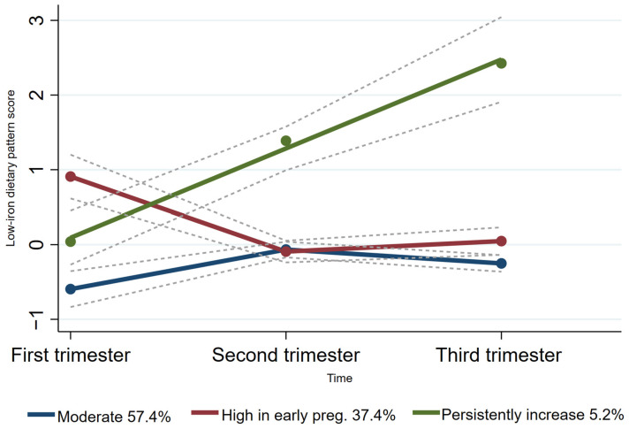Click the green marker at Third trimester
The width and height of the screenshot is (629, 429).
[501, 63]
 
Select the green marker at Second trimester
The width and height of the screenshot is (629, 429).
[285, 141]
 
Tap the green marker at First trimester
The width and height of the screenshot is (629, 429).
[71, 241]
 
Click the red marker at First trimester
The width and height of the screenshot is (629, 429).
[71, 177]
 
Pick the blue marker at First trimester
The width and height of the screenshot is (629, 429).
[71, 289]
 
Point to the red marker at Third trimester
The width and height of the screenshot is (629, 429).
[501, 241]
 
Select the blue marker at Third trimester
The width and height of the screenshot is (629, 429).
[501, 264]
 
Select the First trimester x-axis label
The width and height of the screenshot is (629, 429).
[71, 356]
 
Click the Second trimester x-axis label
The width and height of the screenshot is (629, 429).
[285, 356]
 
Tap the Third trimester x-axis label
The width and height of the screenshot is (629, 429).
[500, 356]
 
